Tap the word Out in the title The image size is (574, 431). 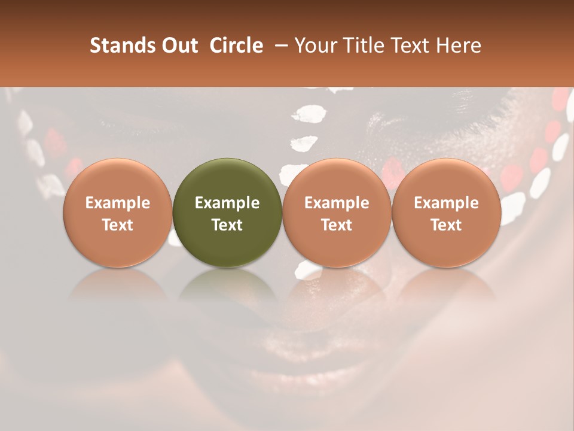179,45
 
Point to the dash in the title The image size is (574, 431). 279,45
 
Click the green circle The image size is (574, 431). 227,213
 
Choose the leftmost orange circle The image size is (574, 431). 118,213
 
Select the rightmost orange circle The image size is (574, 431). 446,213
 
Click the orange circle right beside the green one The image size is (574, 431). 337,213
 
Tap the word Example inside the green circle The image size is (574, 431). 227,203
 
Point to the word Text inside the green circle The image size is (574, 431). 227,225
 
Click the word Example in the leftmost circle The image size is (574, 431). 118,203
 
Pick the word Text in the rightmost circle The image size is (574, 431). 446,225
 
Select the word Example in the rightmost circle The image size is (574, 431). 446,203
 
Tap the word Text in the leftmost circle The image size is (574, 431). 118,225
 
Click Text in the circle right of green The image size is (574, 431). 337,225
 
